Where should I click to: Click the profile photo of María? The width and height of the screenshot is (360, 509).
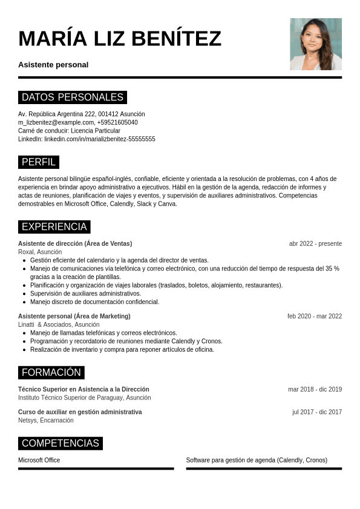[316, 44]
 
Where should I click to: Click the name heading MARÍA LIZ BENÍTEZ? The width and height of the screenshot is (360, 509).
[120, 38]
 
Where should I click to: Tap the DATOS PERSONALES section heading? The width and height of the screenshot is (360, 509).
[73, 97]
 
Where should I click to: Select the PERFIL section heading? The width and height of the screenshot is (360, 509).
[39, 162]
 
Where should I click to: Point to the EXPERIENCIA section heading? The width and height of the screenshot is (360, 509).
[54, 226]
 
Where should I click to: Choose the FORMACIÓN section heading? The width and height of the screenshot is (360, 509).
[51, 372]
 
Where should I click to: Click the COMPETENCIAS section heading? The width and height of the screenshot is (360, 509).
[61, 443]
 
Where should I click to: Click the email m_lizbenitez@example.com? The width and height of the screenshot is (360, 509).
[56, 122]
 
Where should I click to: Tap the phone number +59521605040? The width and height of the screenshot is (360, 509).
[117, 122]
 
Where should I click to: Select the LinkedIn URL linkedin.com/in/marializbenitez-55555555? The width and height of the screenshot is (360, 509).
[100, 139]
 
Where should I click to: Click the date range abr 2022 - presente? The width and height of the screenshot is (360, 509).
[315, 243]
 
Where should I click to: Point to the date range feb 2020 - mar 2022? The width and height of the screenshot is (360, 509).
[315, 316]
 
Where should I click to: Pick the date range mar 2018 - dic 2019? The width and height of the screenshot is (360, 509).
[315, 389]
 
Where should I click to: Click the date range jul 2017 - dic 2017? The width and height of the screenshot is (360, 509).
[317, 412]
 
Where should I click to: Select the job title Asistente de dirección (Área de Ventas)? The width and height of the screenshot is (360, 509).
[75, 243]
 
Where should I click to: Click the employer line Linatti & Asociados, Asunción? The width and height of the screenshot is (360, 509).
[59, 324]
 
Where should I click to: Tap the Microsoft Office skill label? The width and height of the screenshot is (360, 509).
[39, 460]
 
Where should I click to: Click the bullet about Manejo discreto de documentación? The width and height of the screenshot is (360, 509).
[94, 301]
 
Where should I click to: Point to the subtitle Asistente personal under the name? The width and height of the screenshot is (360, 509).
[53, 65]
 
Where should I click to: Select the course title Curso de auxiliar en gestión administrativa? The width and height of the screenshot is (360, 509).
[80, 412]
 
